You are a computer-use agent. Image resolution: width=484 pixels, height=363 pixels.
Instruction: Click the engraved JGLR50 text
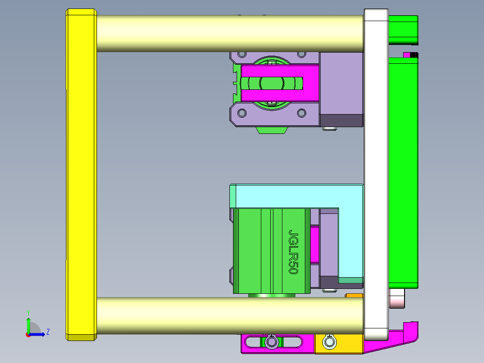point(293,252)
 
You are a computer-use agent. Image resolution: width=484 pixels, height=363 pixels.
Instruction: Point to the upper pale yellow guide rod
point(229,34)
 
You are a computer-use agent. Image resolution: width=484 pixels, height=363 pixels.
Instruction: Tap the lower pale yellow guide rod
point(229,315)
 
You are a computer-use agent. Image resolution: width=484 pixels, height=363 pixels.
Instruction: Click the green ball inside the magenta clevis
point(271,84)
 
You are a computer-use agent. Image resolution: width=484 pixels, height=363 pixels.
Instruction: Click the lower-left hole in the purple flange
point(242,113)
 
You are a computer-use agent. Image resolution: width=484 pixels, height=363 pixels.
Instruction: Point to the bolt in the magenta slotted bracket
point(271,342)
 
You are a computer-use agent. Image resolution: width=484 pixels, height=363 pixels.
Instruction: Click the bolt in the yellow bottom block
point(330,342)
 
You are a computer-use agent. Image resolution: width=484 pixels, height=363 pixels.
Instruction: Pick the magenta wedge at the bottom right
point(395,337)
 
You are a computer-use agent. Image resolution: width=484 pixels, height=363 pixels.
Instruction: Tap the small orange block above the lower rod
point(354,295)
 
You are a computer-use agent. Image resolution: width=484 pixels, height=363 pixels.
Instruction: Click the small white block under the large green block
point(397,298)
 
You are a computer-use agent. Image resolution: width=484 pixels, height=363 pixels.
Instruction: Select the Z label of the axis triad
point(48,332)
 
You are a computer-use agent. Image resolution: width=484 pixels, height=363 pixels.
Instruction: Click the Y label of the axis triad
point(28,312)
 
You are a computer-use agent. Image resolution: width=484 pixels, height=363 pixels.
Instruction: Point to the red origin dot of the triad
point(28,334)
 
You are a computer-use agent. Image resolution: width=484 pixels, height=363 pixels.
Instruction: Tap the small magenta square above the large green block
point(409,55)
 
